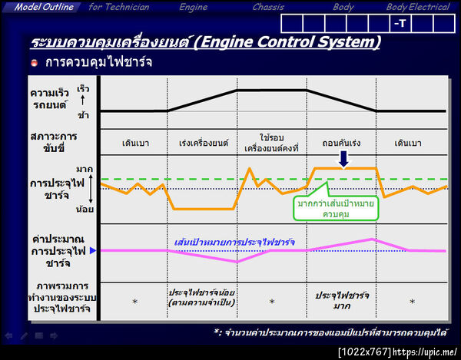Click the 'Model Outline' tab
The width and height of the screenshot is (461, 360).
43,7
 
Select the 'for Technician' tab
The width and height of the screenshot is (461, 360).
118,7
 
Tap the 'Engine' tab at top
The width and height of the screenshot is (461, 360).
193,7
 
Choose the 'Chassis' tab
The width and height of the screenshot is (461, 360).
269,7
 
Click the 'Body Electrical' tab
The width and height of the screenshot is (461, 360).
418,7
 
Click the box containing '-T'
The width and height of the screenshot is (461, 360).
400,23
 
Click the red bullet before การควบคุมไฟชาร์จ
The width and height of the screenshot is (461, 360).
35,62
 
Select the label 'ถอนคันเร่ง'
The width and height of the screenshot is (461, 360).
341,143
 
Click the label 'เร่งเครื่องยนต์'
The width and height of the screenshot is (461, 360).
203,143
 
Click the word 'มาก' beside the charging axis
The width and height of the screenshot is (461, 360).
85,168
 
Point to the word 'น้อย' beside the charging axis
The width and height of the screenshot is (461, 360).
85,208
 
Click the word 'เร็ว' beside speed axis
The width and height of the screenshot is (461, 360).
83,89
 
